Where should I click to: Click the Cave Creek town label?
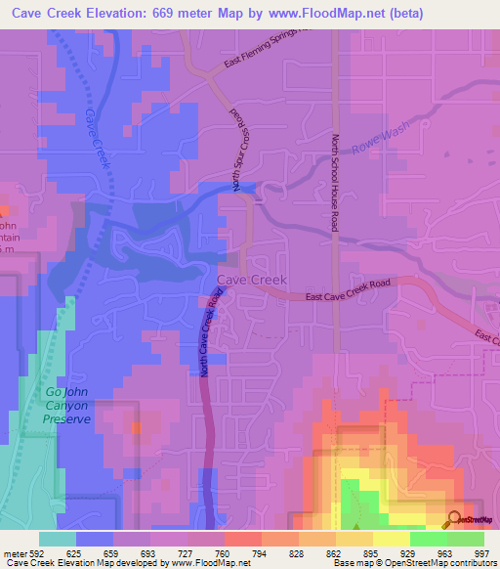[x=251, y=280]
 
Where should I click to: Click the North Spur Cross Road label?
[x=236, y=148]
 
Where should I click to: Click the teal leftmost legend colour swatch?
[x=57, y=539]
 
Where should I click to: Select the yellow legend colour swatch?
[x=391, y=539]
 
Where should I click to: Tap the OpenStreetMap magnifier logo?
[x=454, y=519]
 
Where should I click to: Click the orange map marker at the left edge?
[x=5, y=210]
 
